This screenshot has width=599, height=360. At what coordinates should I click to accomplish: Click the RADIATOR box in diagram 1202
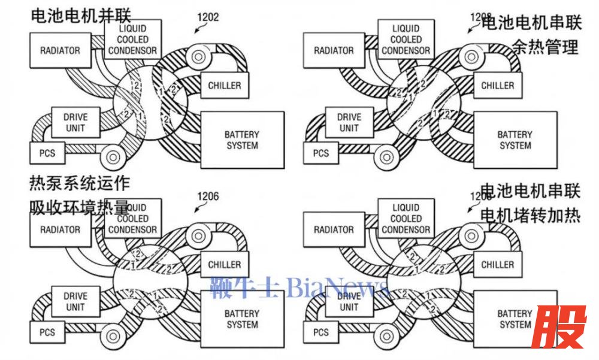click(60, 50)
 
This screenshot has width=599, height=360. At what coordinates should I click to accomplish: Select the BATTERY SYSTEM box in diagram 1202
click(242, 140)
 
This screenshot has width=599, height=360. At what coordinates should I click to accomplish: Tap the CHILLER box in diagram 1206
click(224, 265)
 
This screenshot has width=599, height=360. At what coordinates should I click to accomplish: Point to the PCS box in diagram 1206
click(47, 332)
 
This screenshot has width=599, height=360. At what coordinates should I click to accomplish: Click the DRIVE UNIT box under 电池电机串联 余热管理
click(349, 123)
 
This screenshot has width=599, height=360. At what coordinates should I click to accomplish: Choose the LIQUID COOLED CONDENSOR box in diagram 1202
click(132, 40)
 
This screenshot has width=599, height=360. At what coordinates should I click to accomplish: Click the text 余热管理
click(545, 47)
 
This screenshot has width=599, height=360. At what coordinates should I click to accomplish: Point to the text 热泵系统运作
click(80, 183)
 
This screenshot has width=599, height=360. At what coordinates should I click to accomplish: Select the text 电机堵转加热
click(531, 214)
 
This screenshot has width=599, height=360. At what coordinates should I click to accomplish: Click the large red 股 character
click(560, 327)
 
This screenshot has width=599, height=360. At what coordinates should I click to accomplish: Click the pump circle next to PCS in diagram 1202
click(112, 158)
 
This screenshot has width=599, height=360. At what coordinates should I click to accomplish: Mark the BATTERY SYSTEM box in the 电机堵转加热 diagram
click(515, 319)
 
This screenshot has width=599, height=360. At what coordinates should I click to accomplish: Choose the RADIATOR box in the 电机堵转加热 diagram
click(334, 229)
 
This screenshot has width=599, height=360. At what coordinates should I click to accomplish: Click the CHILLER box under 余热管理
click(498, 85)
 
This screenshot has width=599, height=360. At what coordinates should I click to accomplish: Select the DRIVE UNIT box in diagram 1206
click(75, 301)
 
